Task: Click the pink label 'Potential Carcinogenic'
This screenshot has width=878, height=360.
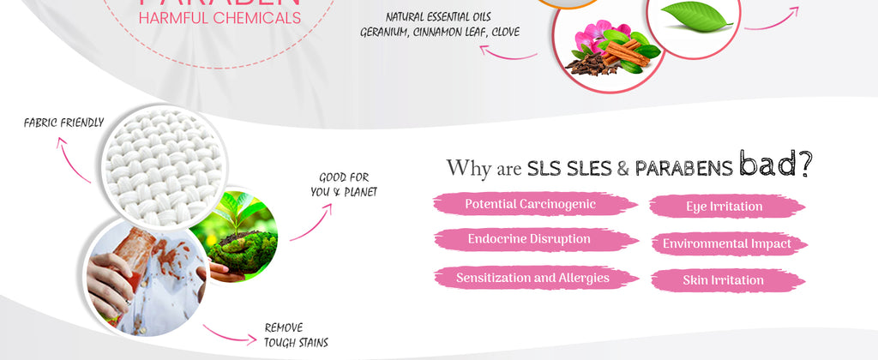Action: coord(530,204)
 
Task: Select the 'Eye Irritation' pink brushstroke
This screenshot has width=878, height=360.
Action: coord(724,207)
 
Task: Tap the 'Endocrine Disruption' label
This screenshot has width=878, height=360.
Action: coord(529,239)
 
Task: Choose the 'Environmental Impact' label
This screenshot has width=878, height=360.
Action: coord(726,244)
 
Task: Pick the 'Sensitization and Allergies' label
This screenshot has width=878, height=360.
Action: coord(532,278)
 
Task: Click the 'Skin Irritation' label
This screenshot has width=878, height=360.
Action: coord(723,280)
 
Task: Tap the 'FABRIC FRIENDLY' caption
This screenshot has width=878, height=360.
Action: coord(63,123)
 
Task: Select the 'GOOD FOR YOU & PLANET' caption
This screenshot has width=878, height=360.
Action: coord(343,185)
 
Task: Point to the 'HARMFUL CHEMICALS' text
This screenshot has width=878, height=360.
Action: coord(219,17)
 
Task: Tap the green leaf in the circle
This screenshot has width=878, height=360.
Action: coord(696,17)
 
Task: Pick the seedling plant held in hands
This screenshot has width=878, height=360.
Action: coord(243,231)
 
